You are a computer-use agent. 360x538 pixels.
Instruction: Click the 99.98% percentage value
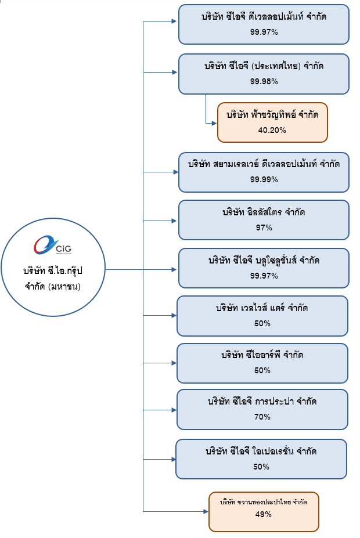(264, 82)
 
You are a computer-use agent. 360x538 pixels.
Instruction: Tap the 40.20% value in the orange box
(272, 130)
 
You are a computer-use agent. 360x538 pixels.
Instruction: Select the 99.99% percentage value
(264, 179)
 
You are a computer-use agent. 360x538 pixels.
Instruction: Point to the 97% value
(264, 228)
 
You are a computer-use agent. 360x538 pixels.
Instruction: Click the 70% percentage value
(262, 417)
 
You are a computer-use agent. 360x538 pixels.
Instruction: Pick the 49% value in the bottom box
(263, 515)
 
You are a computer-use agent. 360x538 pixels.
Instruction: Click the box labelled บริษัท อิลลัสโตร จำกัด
(264, 219)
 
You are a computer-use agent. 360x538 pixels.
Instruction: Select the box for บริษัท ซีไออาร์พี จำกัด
(262, 363)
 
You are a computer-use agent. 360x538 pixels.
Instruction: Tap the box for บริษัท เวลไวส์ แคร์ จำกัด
(262, 316)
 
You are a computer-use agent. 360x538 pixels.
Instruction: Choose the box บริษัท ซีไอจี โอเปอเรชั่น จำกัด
(261, 458)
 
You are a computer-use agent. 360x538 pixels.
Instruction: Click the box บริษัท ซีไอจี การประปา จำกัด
(262, 409)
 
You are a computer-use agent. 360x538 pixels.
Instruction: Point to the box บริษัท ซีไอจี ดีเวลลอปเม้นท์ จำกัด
(264, 24)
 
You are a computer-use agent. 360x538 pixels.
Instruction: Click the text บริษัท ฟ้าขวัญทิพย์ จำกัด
(272, 115)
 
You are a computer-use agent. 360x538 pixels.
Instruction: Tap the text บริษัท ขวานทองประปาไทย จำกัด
(264, 502)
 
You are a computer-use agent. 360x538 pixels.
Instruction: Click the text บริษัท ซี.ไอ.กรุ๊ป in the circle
(55, 270)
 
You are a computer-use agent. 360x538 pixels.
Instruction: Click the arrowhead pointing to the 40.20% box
(214, 122)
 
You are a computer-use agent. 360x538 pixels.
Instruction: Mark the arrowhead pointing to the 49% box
(206, 511)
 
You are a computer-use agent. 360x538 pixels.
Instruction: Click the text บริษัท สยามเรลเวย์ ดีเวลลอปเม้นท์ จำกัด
(264, 164)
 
